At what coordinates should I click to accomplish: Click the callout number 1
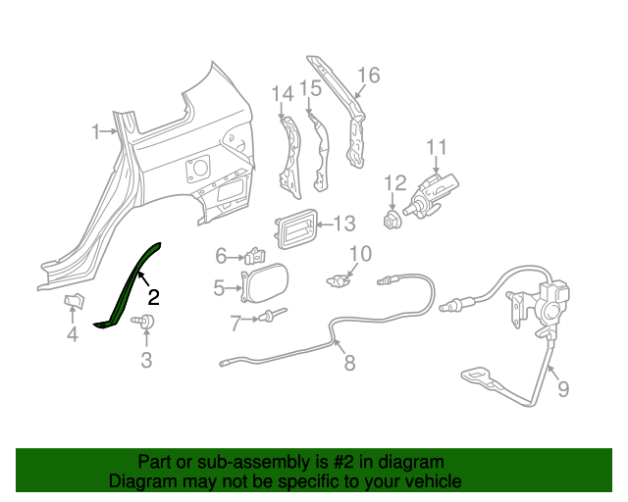pos(97,131)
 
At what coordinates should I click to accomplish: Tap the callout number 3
pos(146,360)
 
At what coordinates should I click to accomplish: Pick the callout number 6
pos(222,257)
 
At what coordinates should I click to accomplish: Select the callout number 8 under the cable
pos(349,364)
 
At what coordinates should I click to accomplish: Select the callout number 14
pos(282,93)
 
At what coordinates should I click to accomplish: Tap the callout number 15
pos(310,89)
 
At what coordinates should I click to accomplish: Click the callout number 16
pos(367,75)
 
